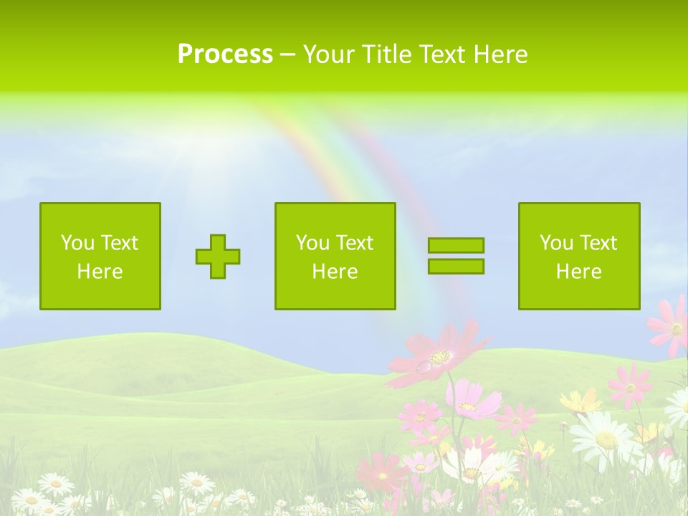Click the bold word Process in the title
225,54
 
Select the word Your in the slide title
330,54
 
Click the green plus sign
218,257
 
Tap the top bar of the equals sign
456,245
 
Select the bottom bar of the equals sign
456,266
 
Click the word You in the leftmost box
77,243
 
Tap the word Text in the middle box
355,243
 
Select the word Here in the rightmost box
579,272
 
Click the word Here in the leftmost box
100,272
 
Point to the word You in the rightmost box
556,243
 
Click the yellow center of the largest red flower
440,356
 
